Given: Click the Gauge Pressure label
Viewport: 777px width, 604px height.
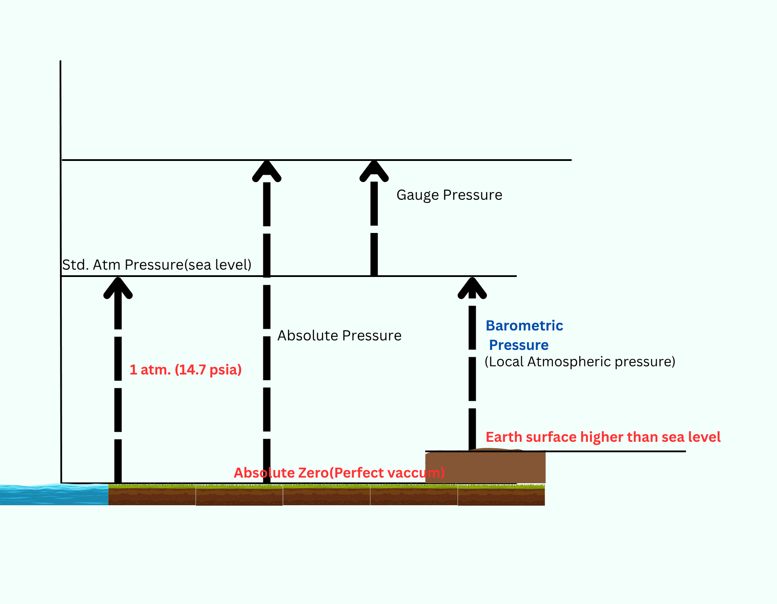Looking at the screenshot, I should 449,195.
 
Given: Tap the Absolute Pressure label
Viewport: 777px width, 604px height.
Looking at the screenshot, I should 339,336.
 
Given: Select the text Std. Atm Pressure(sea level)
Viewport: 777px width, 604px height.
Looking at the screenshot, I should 157,264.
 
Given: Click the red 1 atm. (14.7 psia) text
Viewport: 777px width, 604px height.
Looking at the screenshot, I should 186,370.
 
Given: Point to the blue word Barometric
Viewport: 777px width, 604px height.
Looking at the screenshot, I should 524,326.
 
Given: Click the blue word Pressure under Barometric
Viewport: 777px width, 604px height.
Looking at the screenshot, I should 518,345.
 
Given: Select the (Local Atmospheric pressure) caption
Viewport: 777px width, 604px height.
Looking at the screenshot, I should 580,362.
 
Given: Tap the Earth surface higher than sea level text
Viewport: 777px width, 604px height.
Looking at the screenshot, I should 603,437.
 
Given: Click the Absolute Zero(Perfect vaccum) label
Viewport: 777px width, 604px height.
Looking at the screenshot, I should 339,473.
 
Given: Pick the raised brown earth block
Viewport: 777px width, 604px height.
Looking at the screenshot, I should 485,467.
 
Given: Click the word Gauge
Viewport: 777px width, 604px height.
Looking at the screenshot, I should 418,195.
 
